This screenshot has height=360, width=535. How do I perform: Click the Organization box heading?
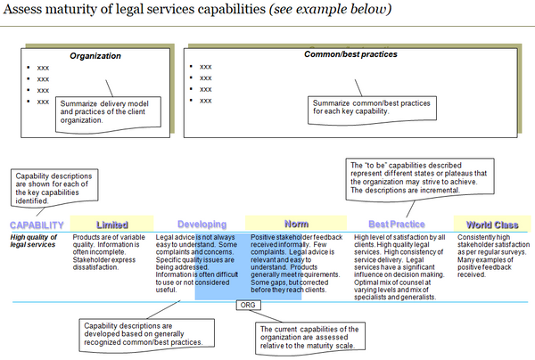[x=95, y=56]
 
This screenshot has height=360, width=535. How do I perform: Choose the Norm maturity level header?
[x=296, y=225]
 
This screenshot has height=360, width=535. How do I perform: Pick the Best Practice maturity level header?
[x=396, y=225]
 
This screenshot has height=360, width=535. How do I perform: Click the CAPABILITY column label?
[x=37, y=225]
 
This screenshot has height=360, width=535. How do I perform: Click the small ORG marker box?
[x=249, y=306]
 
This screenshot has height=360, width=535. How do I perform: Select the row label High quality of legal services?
[x=35, y=241]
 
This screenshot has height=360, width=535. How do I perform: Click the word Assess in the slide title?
[x=32, y=11]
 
